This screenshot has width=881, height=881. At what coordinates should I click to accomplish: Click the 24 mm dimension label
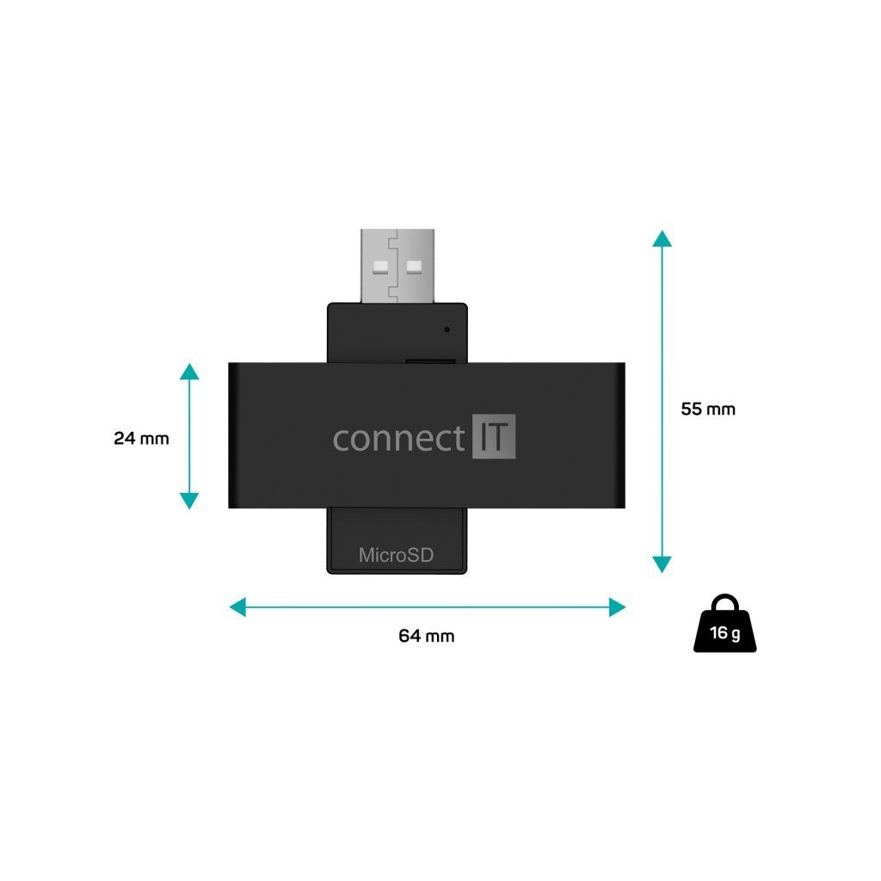(x=141, y=438)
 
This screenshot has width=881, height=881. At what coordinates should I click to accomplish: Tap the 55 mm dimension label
(x=708, y=409)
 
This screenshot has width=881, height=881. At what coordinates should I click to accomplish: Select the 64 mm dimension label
(x=426, y=636)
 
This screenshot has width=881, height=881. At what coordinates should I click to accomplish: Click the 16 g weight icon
(x=726, y=629)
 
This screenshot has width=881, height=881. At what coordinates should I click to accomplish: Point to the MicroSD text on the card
(x=396, y=555)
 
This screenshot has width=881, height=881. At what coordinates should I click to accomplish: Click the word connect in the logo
(x=398, y=439)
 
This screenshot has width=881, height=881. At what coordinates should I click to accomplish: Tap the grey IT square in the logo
(x=494, y=437)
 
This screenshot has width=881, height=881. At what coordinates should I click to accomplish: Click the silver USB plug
(x=397, y=265)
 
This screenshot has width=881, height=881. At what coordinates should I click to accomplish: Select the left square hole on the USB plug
(x=379, y=264)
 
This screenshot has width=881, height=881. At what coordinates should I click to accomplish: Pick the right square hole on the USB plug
(x=416, y=264)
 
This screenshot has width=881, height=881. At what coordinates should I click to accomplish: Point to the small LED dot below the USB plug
(x=447, y=329)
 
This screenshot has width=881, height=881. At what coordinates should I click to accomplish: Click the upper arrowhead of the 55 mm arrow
(x=661, y=239)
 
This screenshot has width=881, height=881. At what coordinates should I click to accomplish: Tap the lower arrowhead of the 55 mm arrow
(x=661, y=564)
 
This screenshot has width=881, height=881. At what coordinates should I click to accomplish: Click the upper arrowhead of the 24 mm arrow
(x=189, y=372)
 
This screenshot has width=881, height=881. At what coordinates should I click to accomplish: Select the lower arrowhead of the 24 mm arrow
(x=189, y=501)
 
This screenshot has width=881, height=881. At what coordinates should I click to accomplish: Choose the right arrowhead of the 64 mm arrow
(x=617, y=607)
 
